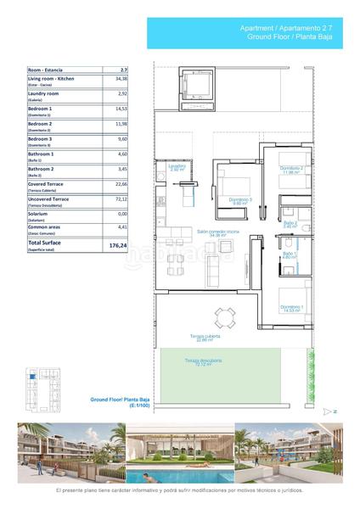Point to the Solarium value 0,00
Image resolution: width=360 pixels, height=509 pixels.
pyautogui.click(x=122, y=214)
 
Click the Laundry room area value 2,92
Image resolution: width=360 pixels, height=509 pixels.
pyautogui.click(x=122, y=93)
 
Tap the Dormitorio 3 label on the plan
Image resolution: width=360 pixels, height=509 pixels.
pyautogui.click(x=240, y=201)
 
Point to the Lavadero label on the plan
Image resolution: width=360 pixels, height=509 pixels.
pyautogui.click(x=177, y=167)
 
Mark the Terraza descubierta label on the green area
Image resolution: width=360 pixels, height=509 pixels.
pyautogui.click(x=204, y=362)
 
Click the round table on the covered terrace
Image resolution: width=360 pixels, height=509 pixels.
pyautogui.click(x=225, y=319)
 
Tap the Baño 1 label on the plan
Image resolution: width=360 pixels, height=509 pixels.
pyautogui.click(x=290, y=254)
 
